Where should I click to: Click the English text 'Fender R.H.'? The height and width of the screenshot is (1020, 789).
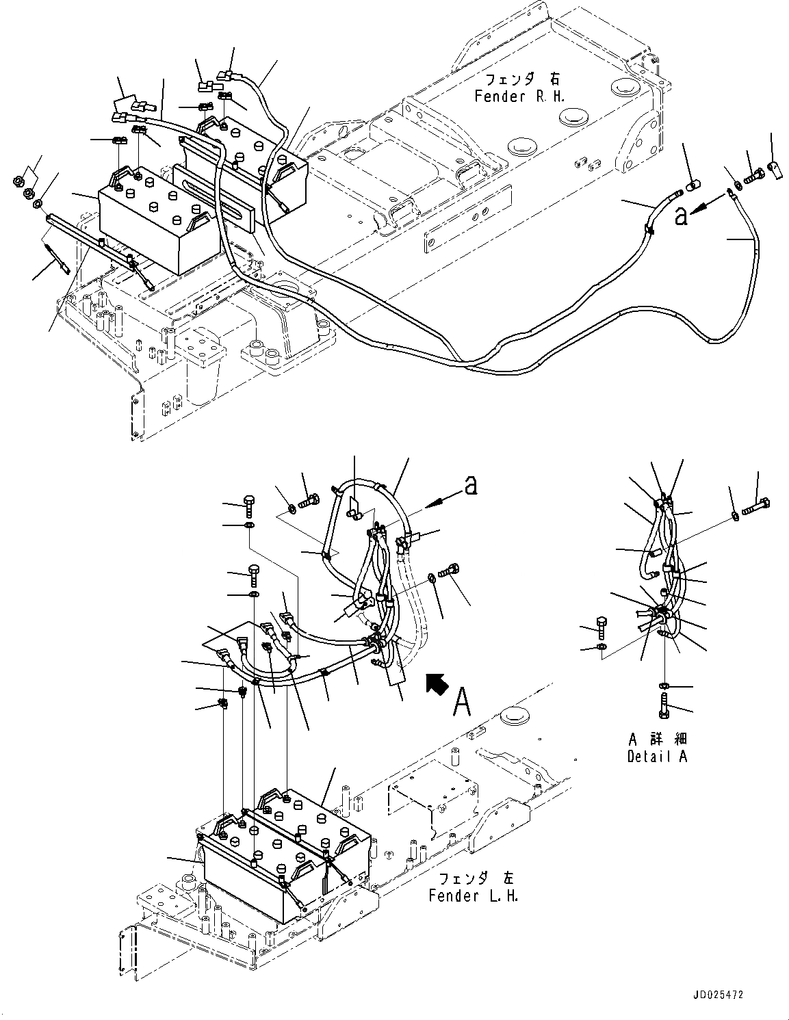520,96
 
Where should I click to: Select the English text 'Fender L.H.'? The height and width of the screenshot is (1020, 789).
473,895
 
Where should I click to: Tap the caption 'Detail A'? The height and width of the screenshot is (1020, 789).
657,756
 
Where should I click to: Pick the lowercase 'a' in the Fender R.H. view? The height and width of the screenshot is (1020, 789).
680,216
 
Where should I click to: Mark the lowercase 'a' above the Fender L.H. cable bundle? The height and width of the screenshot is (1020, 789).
470,485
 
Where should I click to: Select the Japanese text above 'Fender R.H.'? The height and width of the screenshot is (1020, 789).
519,81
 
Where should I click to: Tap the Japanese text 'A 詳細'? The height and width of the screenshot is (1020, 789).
657,739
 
